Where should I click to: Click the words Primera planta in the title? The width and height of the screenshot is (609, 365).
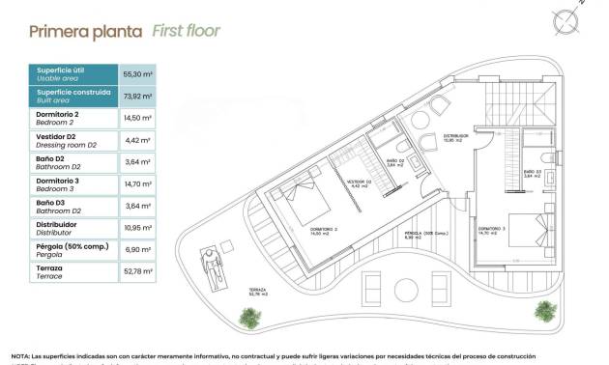(x=87, y=31)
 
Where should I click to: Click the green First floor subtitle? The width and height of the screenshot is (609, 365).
(x=187, y=31)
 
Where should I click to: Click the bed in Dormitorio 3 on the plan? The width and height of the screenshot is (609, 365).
(x=526, y=233)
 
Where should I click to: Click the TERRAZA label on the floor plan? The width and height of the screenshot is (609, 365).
(x=257, y=289)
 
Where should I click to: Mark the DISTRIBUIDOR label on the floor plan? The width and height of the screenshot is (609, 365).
(x=455, y=137)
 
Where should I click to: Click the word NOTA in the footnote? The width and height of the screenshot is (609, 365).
(x=20, y=356)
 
